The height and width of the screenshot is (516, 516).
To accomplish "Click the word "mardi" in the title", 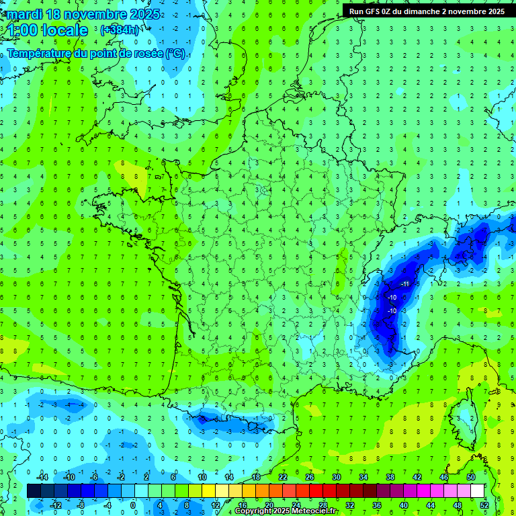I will [x=24, y=14].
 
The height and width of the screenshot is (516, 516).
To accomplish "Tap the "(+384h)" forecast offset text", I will [x=119, y=30].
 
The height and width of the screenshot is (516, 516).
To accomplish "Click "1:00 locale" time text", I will [x=48, y=30].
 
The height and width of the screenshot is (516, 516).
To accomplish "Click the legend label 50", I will [x=470, y=477].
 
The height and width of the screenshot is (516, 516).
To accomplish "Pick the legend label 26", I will [x=310, y=477].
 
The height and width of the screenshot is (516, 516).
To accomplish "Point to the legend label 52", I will [x=484, y=505].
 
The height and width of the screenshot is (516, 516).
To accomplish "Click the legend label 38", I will [x=390, y=477].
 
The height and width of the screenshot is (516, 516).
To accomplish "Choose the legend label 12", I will [x=216, y=505].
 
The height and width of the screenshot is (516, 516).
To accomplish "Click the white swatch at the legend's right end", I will [x=478, y=491].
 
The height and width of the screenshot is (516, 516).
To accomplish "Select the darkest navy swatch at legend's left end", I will [x=34, y=491].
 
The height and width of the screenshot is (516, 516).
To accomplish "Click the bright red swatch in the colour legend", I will [x=316, y=491].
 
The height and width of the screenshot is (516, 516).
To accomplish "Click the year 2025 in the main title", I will [x=144, y=14].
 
